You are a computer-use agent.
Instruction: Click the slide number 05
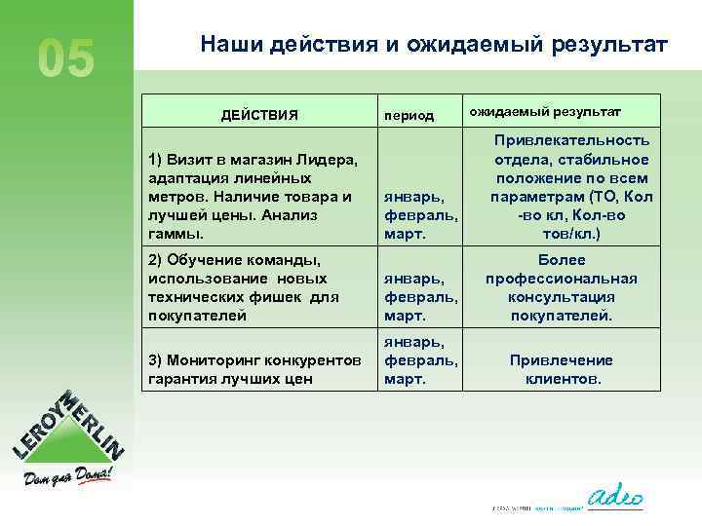[66, 58]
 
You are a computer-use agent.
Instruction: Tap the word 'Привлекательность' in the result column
[562, 142]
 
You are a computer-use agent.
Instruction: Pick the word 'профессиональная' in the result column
[562, 279]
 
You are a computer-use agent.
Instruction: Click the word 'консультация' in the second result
[562, 297]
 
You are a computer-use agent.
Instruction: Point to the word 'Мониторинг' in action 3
[209, 360]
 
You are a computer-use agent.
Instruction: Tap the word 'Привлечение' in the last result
[562, 360]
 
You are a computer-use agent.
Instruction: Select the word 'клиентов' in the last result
[562, 379]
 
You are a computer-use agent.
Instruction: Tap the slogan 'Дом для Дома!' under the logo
[68, 477]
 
